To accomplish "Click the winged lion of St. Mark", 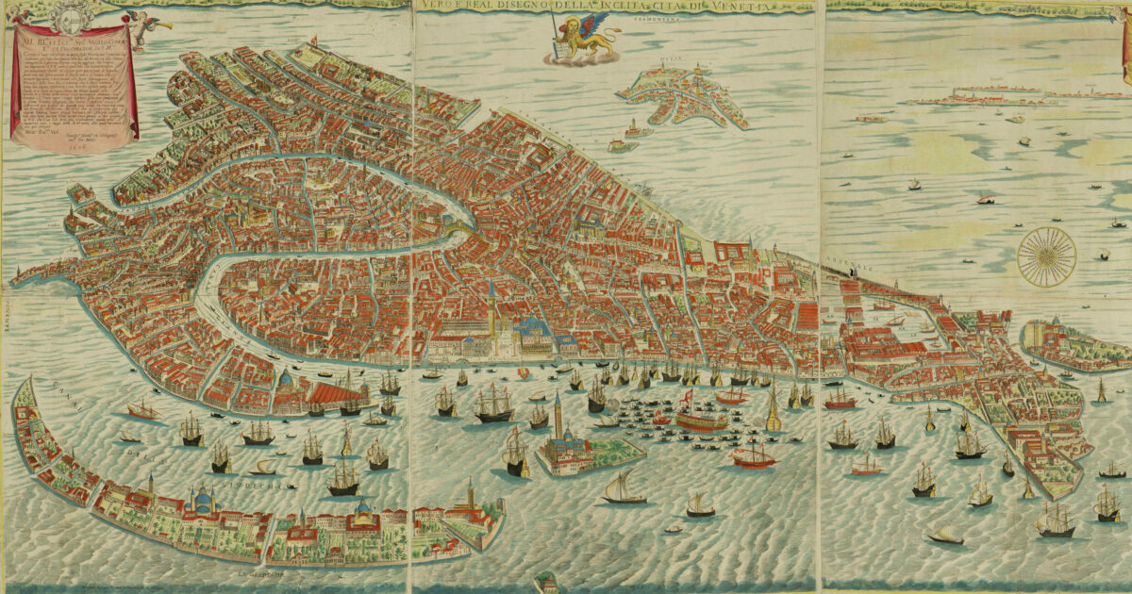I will [x=579, y=40].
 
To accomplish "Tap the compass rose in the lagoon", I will [x=1047, y=256].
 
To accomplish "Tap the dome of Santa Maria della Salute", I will [x=286, y=380].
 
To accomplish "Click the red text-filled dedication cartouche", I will [x=74, y=85].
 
